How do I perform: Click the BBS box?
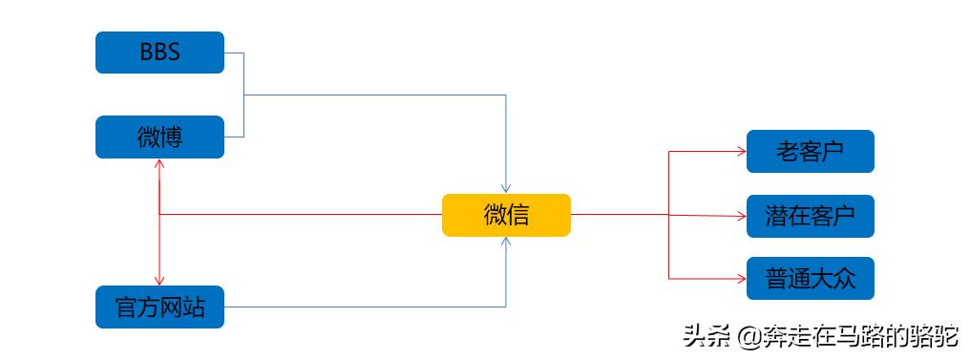[x=159, y=53]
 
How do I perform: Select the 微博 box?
[x=159, y=137]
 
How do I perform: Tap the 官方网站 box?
[x=159, y=307]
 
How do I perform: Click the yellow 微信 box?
[x=506, y=215]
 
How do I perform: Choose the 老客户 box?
[x=810, y=151]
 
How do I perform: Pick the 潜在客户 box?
[x=810, y=215]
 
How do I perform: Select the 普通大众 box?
[x=810, y=279]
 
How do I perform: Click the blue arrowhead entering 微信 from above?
[x=506, y=188]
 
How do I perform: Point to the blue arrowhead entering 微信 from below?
[x=506, y=242]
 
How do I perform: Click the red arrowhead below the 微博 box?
[x=159, y=164]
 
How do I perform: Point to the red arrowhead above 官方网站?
[x=159, y=279]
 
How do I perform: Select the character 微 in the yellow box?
[x=494, y=215]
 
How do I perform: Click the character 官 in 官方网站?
[x=125, y=307]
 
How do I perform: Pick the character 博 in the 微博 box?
[x=171, y=137]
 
